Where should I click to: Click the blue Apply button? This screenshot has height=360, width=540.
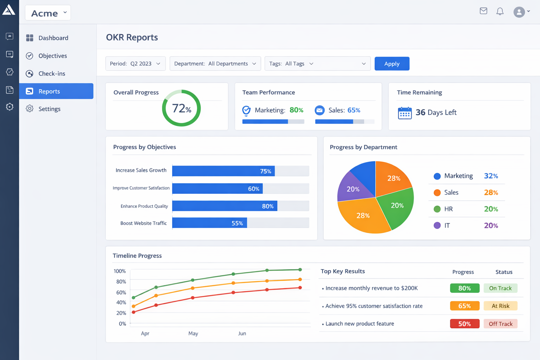coord(392,64)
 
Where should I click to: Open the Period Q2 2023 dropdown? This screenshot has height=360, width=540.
coord(135,64)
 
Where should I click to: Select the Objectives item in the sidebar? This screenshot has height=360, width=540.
coord(52,56)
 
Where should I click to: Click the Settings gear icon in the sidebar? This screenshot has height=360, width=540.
coord(30,109)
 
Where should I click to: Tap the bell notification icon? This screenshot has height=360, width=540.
coord(500,12)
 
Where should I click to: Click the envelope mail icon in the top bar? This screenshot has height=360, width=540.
coord(483,11)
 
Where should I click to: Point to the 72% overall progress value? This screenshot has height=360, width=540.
coord(181,108)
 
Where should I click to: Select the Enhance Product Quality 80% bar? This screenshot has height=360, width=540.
coord(225,206)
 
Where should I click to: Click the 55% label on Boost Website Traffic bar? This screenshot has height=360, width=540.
coord(237,223)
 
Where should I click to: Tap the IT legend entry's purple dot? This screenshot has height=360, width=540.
coord(437,225)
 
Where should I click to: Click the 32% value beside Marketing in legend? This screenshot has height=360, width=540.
coord(491,176)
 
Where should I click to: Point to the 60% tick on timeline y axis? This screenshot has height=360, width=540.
coord(121,292)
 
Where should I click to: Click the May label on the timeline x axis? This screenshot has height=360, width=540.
coord(193,333)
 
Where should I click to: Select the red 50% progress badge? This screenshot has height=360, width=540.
coord(464,324)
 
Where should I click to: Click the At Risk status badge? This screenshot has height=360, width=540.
coord(500,306)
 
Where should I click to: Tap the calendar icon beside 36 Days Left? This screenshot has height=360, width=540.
coord(405,113)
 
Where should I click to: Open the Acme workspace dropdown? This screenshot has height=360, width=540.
coord(48,13)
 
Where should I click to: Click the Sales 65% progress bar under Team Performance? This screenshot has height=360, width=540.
coord(344,122)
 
